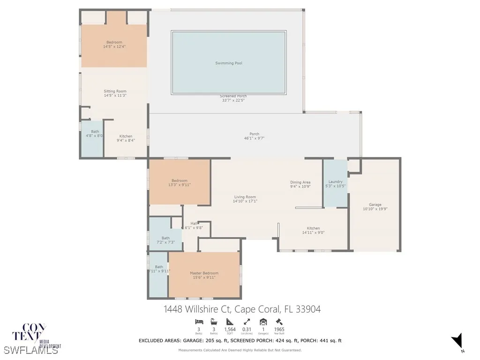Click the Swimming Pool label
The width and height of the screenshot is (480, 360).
click(229, 63)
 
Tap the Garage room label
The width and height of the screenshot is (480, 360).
click(375, 205)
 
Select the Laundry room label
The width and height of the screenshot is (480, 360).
click(335, 182)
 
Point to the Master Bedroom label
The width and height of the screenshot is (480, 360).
click(204, 273)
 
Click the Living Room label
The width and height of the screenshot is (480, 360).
click(245, 197)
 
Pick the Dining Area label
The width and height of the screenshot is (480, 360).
click(300, 182)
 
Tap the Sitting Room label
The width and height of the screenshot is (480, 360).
click(115, 91)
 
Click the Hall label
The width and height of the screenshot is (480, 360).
click(194, 224)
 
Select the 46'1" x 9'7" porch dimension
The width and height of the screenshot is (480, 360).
click(255, 139)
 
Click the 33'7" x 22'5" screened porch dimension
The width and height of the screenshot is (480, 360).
click(233, 100)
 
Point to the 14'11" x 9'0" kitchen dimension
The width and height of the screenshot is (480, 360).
click(313, 232)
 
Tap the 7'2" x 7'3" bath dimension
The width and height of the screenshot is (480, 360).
click(165, 242)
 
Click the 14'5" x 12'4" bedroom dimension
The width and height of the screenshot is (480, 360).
click(114, 46)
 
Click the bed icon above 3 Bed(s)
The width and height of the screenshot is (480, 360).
click(199, 322)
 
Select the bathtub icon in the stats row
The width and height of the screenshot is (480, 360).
click(214, 322)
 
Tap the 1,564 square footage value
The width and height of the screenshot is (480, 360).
click(230, 330)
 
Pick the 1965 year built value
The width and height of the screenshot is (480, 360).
click(279, 330)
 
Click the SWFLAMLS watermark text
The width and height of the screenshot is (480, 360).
click(30, 350)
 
